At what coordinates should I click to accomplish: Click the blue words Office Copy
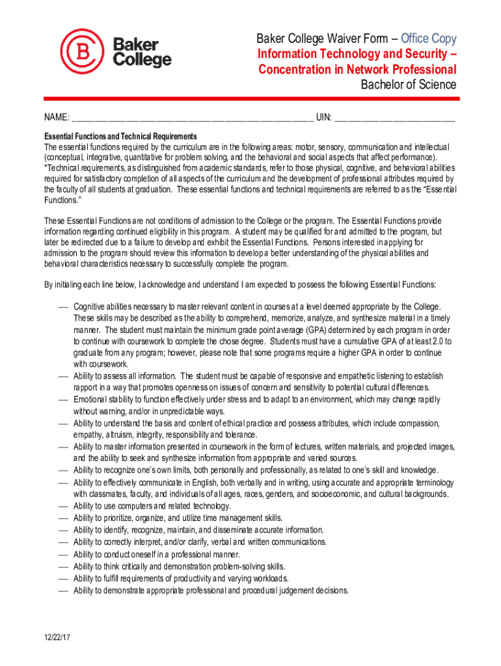pyautogui.click(x=429, y=39)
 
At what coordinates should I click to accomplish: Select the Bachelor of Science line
pyautogui.click(x=409, y=85)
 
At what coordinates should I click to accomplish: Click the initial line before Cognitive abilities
pyautogui.click(x=63, y=306)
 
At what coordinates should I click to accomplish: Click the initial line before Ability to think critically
pyautogui.click(x=63, y=567)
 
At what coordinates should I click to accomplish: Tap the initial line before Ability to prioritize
pyautogui.click(x=63, y=518)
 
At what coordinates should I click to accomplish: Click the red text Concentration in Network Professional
pyautogui.click(x=357, y=70)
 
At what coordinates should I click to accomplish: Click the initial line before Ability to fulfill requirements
pyautogui.click(x=63, y=579)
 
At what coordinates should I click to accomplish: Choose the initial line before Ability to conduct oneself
pyautogui.click(x=63, y=555)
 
